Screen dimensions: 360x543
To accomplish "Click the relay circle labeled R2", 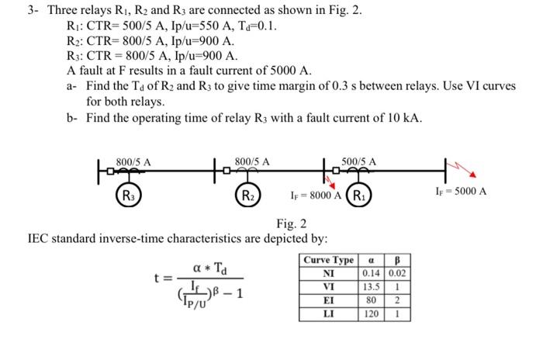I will pos(247,193).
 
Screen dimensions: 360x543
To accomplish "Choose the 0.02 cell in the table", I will pos(396,273).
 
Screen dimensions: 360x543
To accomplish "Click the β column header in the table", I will pos(396,261).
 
